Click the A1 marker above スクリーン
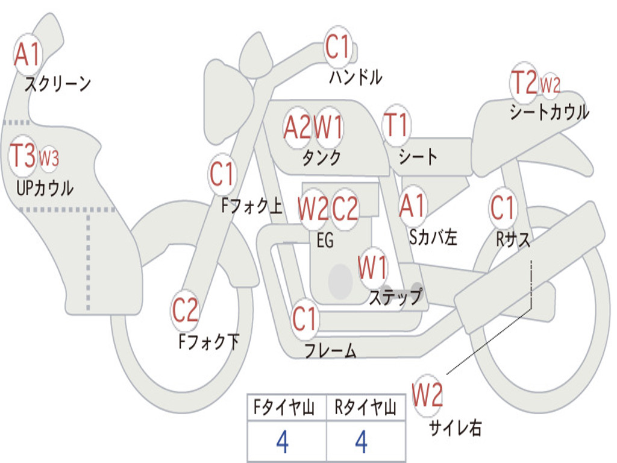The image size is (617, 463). coord(27,55)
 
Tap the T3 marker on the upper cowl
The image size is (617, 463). coord(23,156)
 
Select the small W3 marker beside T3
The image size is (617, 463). coord(49,158)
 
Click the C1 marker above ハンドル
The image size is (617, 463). coord(337,46)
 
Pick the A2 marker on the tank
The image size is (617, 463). coord(298,127)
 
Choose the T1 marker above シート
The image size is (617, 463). coord(396,125)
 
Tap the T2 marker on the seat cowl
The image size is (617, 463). coord(524,83)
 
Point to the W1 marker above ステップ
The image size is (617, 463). coord(373,266)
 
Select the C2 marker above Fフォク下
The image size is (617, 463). coord(185,310)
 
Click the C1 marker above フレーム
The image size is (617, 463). coord(304,318)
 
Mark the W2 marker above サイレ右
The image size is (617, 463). coord(427,395)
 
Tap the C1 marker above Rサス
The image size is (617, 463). coord(502,208)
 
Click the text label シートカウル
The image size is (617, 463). coord(549,112)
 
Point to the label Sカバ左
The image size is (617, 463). coord(433,238)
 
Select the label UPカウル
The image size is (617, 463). coord(45,188)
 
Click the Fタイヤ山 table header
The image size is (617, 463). coord(286,408)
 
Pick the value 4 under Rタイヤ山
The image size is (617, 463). coord(362,443)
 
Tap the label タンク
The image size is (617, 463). coord(321,157)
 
